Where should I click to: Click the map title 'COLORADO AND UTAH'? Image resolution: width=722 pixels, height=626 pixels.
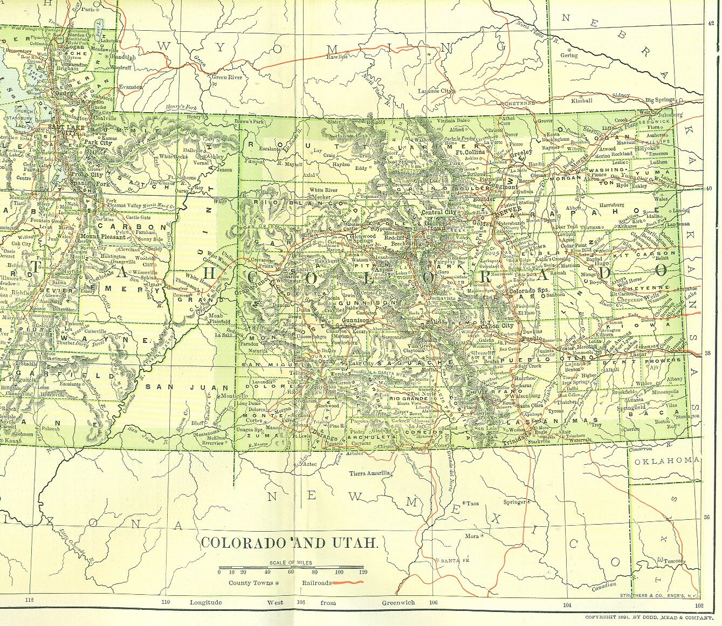point(288,542)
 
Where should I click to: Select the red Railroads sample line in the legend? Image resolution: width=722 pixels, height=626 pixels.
point(348,582)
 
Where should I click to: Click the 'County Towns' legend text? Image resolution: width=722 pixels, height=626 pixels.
point(250,582)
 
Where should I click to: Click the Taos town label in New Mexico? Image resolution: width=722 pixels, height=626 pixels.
point(473,503)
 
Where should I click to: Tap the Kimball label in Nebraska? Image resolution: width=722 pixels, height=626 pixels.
point(582,100)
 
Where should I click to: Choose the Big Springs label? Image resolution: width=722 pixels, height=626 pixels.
point(660,100)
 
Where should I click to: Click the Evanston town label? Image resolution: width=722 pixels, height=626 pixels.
point(131,86)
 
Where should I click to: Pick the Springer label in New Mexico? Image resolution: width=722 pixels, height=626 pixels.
point(514,502)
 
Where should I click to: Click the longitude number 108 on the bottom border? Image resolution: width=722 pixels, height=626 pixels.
point(300,602)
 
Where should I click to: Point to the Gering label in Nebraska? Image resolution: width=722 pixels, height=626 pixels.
point(568,55)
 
